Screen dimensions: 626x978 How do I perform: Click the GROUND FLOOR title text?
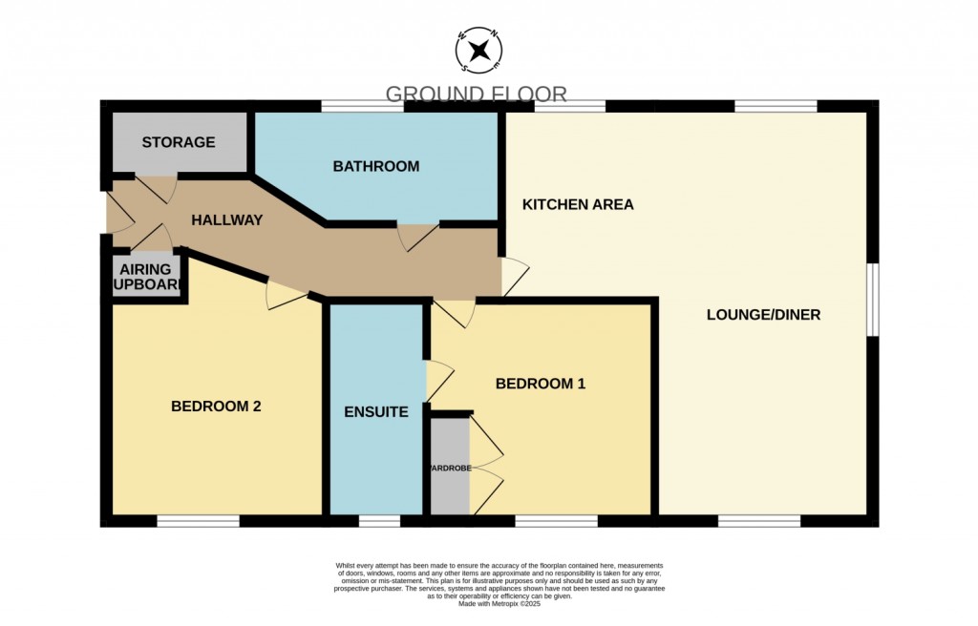[x=476, y=94]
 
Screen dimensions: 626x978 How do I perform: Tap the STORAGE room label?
[x=179, y=142]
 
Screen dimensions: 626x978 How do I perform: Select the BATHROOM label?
[x=375, y=166]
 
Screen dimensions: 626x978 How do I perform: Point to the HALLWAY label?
[x=226, y=219]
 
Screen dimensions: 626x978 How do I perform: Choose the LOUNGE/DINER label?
[x=763, y=314]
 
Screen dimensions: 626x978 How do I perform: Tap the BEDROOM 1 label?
[x=540, y=384]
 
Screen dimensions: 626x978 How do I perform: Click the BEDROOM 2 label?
[x=216, y=406]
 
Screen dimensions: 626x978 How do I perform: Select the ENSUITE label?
[x=376, y=412]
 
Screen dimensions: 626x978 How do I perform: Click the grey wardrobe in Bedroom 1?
[x=450, y=468]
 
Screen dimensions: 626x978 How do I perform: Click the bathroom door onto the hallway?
[x=417, y=236]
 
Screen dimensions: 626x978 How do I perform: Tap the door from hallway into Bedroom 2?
[x=286, y=293]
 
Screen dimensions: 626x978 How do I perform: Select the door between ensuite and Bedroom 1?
[x=437, y=380]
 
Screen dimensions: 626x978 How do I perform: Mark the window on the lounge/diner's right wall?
[x=872, y=300]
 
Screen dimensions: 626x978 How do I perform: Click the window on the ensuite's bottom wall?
[x=379, y=521]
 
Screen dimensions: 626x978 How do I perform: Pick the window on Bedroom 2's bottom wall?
[x=198, y=521]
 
